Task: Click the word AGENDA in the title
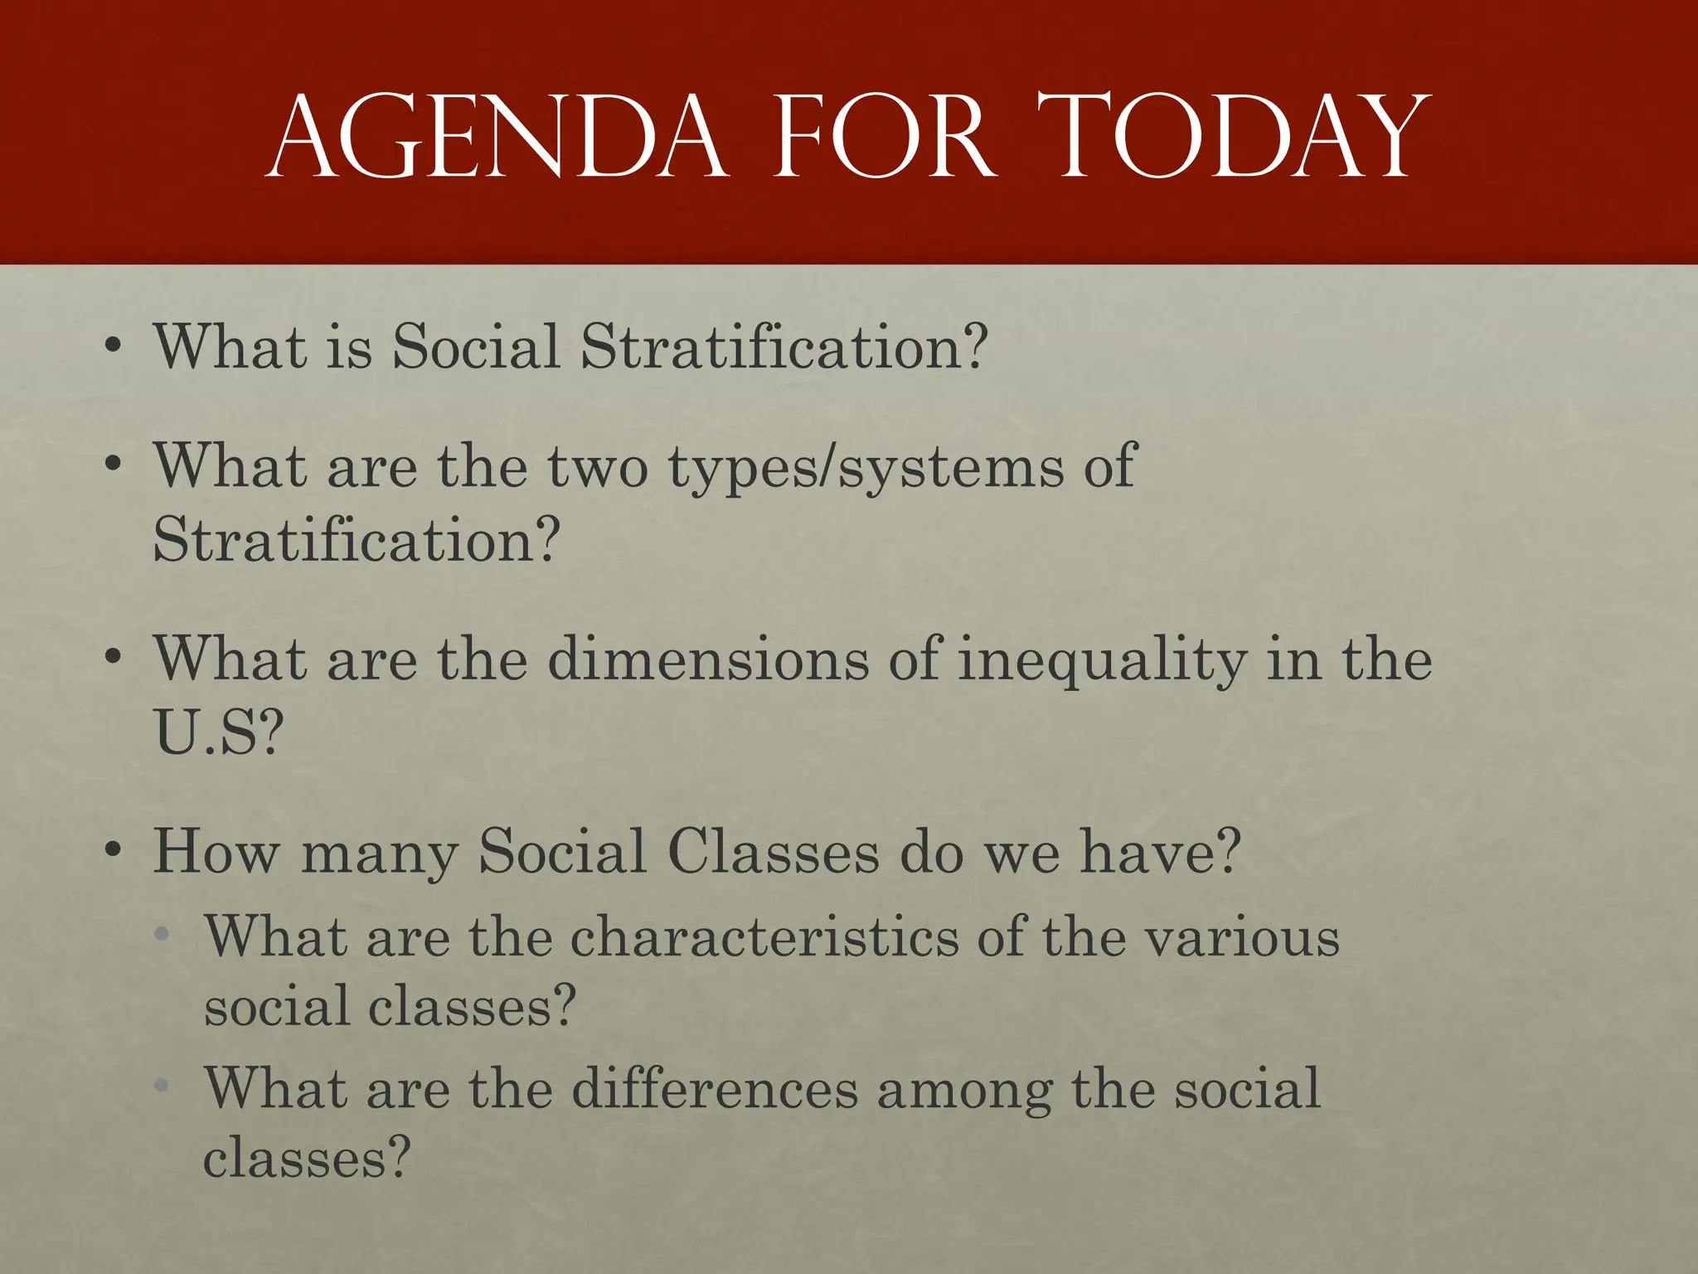(497, 138)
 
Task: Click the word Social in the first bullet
(476, 346)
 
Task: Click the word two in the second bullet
(597, 467)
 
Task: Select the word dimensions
(708, 660)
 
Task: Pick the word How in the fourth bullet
(216, 852)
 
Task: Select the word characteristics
(764, 937)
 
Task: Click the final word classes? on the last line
(307, 1159)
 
